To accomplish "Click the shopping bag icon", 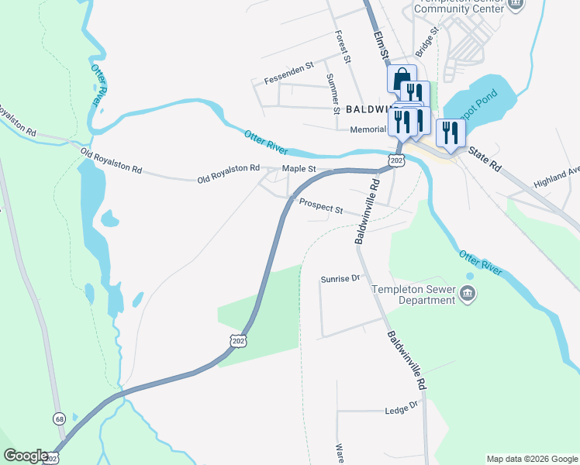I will point(401,80).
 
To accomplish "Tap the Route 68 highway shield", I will point(60,418).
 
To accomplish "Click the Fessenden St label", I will point(288,80).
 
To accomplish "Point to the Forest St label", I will point(343,46).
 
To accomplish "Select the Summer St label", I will point(334,94).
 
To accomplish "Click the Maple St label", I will point(299,168).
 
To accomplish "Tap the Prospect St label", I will point(321,207).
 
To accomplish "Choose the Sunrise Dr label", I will point(341,278).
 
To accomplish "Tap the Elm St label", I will point(380,46).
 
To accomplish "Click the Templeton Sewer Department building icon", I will point(468,293).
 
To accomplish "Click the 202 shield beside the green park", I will point(238,340).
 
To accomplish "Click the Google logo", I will point(26,456).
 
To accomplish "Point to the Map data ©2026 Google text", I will point(531,459).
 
